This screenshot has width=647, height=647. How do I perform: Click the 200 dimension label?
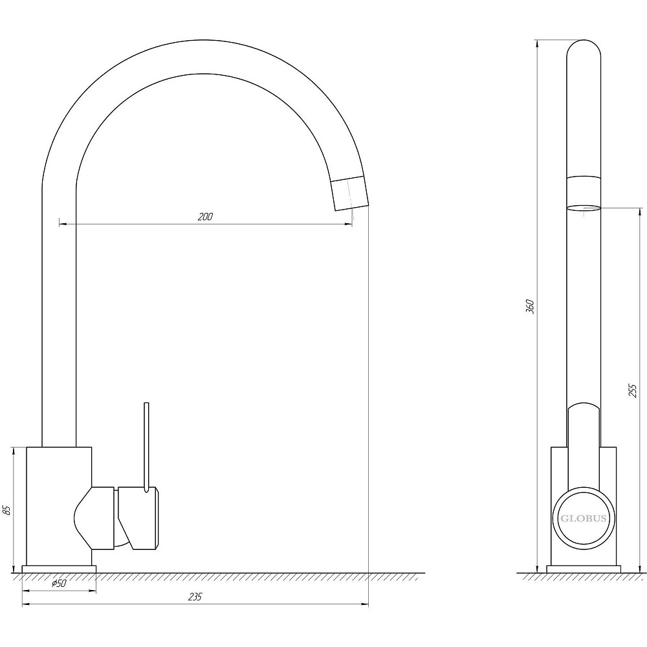205,217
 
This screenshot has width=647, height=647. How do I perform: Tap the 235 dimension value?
195,597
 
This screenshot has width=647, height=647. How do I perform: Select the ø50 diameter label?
59,583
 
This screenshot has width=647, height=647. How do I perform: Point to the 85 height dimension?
6,510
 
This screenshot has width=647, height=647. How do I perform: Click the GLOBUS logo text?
583,518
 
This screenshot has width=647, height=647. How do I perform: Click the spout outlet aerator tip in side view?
584,208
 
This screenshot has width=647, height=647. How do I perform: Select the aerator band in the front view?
349,193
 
